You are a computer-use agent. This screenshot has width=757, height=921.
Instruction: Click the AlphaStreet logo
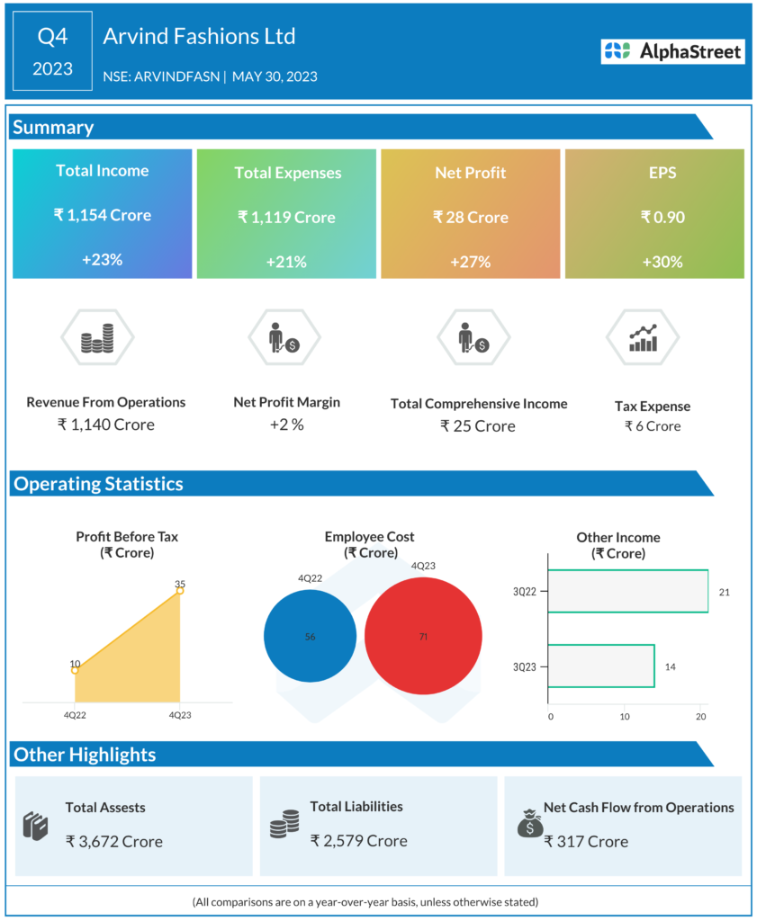pos(673,51)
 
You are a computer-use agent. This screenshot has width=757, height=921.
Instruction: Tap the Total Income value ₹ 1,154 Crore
pos(102,215)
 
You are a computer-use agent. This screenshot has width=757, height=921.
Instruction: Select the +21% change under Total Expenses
pos(286,262)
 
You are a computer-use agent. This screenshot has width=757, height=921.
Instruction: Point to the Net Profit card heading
pos(471,172)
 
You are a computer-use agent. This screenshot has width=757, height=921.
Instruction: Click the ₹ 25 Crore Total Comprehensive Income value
pos(478,425)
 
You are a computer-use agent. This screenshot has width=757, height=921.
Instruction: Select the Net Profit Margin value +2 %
pos(286,425)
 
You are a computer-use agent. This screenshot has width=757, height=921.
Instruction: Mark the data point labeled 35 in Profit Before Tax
pos(180,591)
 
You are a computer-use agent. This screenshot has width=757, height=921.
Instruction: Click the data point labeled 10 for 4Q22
pos(75,670)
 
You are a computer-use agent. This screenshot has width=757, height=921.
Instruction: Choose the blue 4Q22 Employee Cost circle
pos(310,636)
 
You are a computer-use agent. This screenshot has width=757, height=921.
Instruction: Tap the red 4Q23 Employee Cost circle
pos(422,636)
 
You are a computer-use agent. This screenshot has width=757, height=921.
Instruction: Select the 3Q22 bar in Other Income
pos(627,592)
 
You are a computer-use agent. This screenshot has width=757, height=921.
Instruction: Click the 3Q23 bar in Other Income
pos(600,666)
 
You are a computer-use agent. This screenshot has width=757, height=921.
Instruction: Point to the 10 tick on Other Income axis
pos(625,717)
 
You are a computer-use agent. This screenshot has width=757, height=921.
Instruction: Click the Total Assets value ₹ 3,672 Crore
pos(114,842)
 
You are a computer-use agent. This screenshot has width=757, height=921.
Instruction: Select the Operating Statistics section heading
pos(98,484)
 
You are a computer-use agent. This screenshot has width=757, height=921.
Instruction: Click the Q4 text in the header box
pos(52,37)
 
